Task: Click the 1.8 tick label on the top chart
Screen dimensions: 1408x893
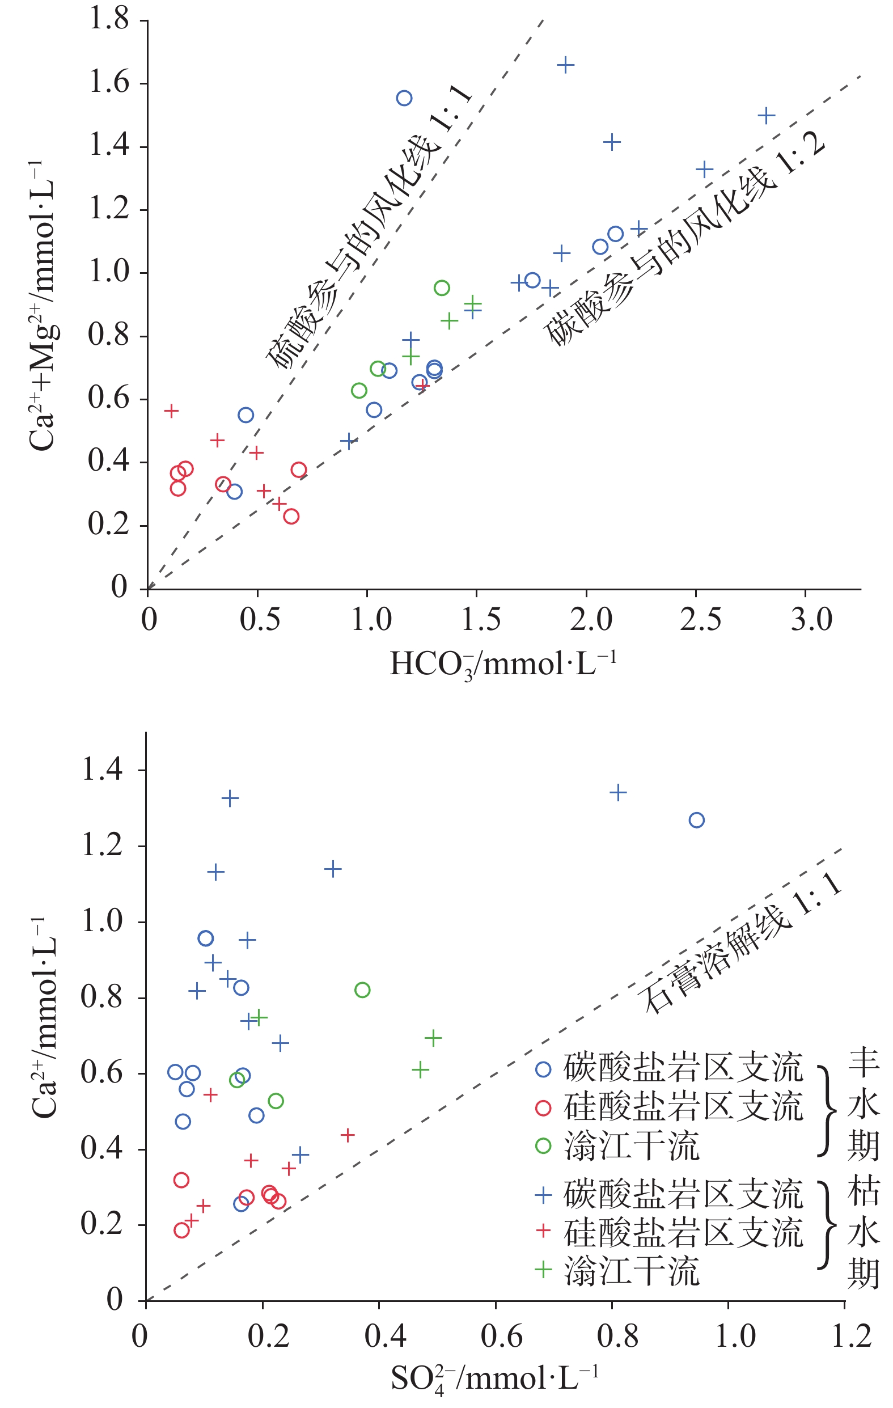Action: point(108,19)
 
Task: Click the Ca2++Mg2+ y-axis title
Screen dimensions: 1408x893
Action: point(43,304)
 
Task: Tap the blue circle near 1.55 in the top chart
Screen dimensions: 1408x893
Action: point(404,98)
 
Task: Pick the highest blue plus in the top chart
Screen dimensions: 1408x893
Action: point(565,65)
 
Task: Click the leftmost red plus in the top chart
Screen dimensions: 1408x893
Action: point(171,411)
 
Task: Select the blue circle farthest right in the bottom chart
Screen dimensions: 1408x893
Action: point(696,821)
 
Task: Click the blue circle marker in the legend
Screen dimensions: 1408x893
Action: point(543,1069)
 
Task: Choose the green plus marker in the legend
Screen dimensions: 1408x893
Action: point(543,1270)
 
